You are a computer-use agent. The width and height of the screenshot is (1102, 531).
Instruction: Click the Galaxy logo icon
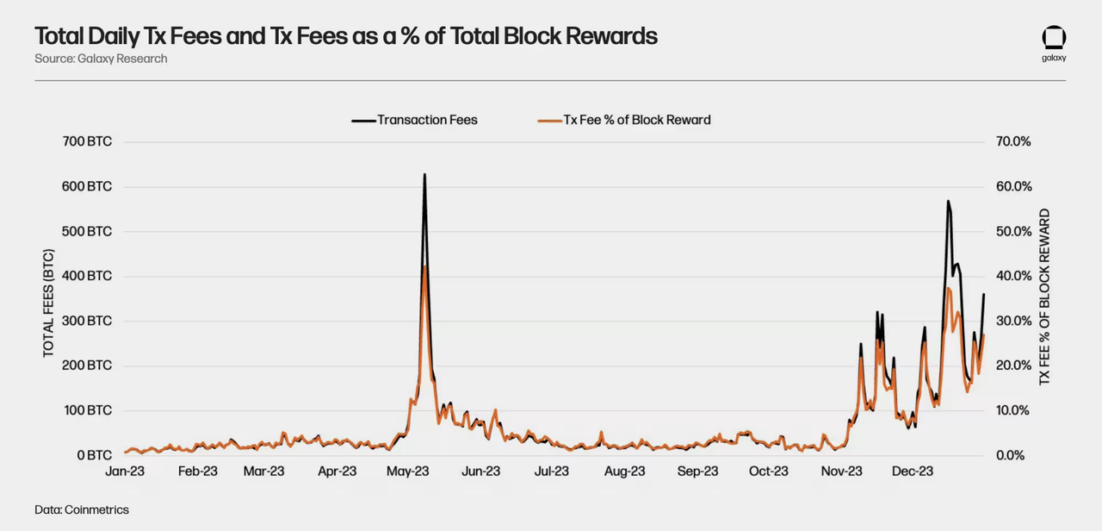(x=1054, y=38)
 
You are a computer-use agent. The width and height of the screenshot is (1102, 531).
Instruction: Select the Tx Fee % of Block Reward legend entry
(x=625, y=120)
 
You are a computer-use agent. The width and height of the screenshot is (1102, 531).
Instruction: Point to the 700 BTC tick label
(x=88, y=141)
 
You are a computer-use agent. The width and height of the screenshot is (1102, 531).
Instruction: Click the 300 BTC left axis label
(x=88, y=321)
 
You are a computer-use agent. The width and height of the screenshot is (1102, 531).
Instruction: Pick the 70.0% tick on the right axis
(x=1013, y=141)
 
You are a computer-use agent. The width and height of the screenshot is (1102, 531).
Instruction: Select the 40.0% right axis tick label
(x=1013, y=276)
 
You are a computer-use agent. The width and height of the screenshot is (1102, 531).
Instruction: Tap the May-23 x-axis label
(x=408, y=472)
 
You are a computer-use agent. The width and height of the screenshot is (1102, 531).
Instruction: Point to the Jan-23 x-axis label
(x=125, y=472)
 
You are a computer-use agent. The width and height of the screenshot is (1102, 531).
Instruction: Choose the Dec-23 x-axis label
(x=913, y=472)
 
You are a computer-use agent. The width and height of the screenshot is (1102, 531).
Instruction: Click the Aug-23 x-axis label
(x=624, y=472)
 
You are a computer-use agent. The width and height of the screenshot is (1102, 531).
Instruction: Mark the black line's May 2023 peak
(x=424, y=175)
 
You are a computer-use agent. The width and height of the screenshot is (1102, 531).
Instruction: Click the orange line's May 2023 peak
(x=425, y=267)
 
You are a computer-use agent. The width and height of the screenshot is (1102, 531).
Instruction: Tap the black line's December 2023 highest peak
(x=948, y=202)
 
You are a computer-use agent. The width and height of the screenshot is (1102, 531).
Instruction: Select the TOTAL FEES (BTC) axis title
(x=48, y=303)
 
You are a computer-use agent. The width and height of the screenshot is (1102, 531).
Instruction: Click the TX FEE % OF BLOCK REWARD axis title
(x=1044, y=297)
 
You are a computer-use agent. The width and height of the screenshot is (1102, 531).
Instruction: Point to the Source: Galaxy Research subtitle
(x=101, y=59)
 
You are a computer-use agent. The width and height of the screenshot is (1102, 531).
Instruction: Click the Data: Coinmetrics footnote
(x=82, y=509)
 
